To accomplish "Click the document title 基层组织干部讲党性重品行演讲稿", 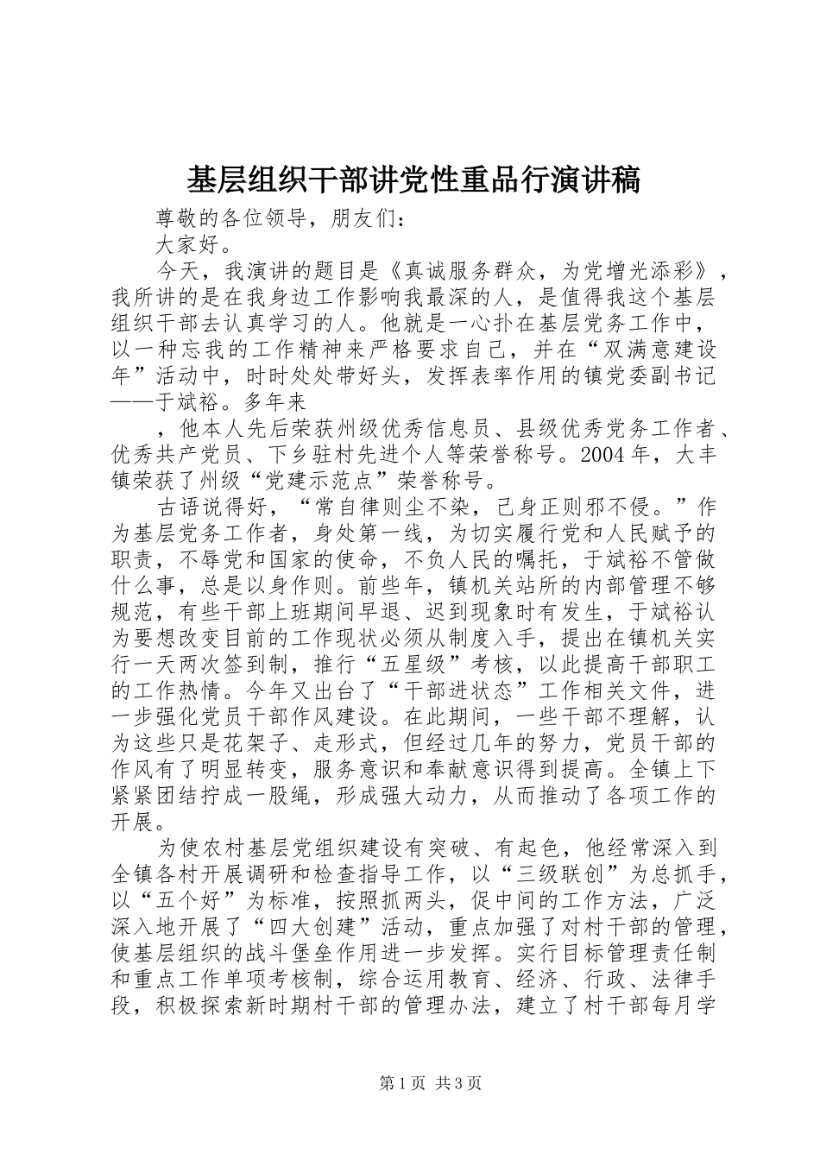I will (413, 180).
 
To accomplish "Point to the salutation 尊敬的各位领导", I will (233, 217).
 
